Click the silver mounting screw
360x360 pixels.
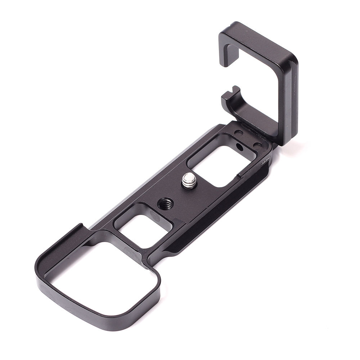(x=188, y=180)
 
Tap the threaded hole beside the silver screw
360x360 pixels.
(x=165, y=204)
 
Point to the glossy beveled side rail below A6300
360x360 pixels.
(x=230, y=202)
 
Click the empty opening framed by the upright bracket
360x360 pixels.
(x=252, y=83)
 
